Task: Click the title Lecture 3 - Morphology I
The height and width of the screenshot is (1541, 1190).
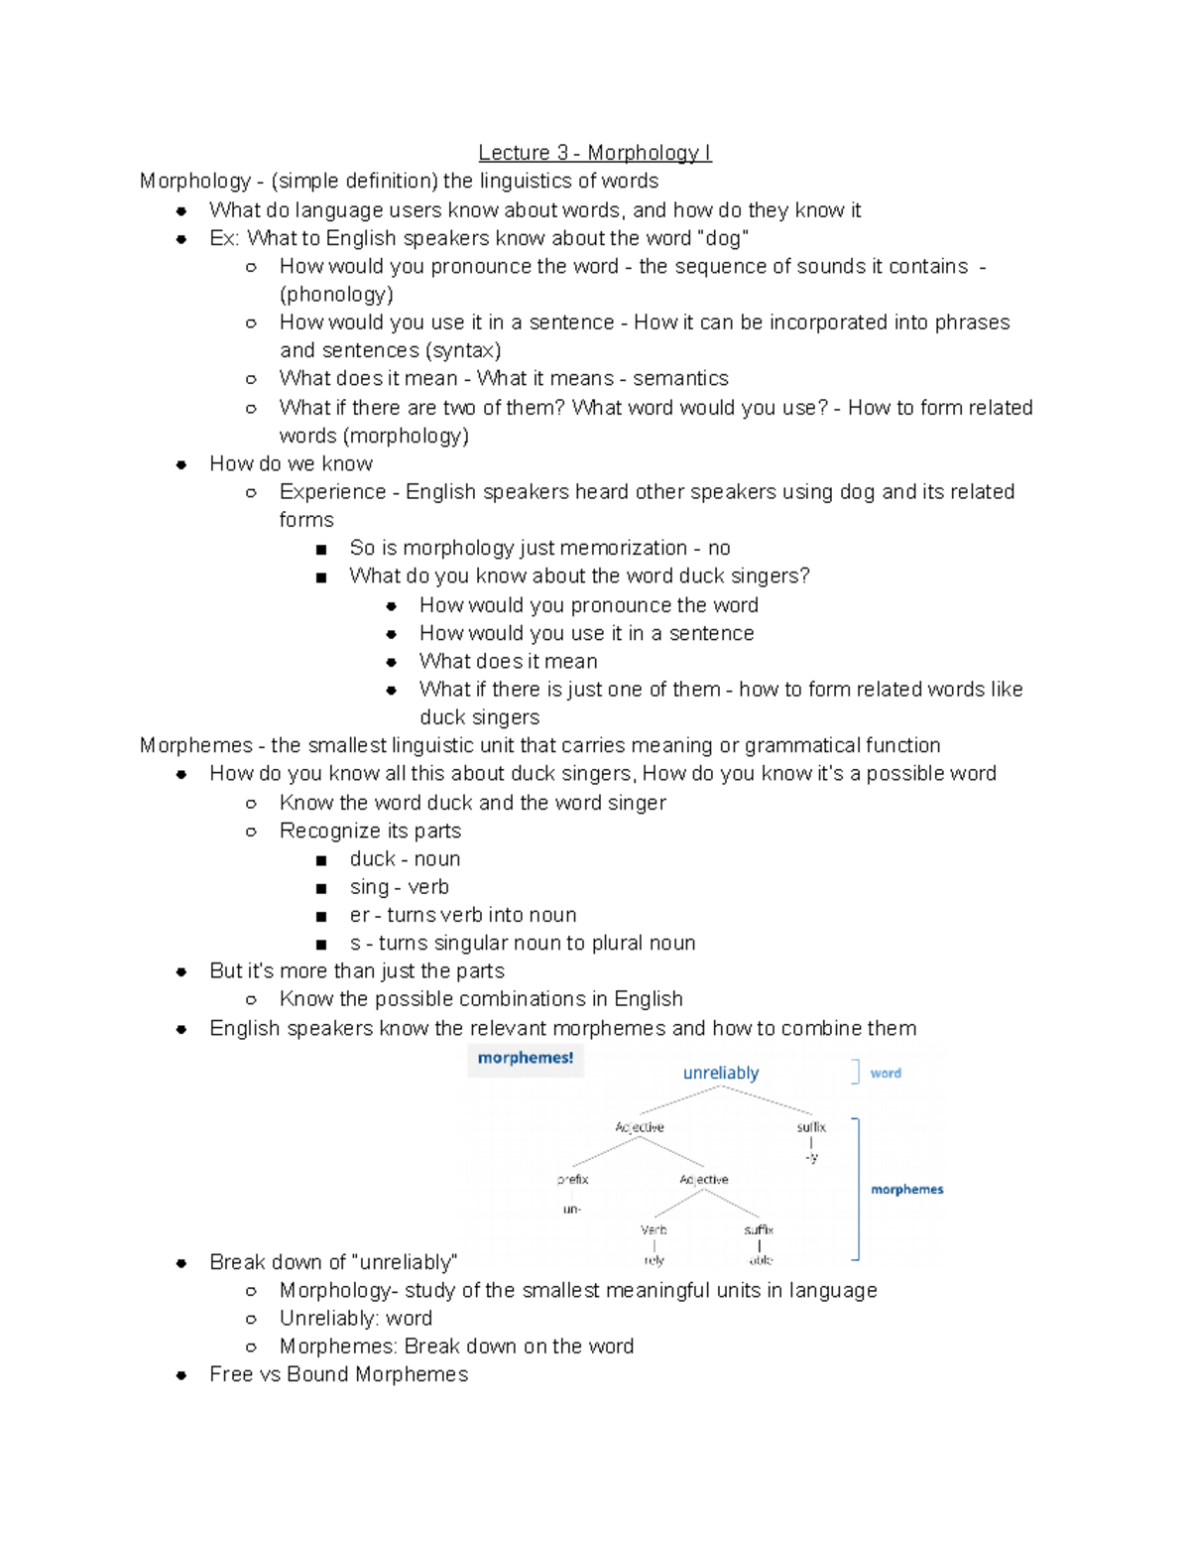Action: (594, 153)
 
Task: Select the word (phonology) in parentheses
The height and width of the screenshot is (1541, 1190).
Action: (336, 295)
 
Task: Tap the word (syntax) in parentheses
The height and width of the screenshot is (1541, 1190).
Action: (462, 350)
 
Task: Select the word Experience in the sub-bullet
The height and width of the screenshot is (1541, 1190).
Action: (332, 492)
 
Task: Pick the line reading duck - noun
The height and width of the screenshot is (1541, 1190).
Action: (405, 859)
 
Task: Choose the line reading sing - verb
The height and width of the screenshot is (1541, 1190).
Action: (399, 887)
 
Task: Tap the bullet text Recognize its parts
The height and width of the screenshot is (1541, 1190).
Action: (370, 831)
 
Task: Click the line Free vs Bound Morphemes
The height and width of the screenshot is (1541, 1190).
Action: (338, 1374)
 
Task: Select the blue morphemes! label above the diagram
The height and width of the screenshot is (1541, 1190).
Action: (526, 1058)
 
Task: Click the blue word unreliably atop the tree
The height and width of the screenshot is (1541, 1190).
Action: (721, 1073)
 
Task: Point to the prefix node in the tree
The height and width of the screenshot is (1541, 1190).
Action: (572, 1180)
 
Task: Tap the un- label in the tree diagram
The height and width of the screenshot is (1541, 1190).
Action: (572, 1210)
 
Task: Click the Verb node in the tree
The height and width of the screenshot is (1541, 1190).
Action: (654, 1230)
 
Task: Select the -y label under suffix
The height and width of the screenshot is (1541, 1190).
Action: (811, 1158)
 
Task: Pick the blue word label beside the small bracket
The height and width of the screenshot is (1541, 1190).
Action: (886, 1073)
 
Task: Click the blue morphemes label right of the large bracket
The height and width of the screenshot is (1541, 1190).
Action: (906, 1189)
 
